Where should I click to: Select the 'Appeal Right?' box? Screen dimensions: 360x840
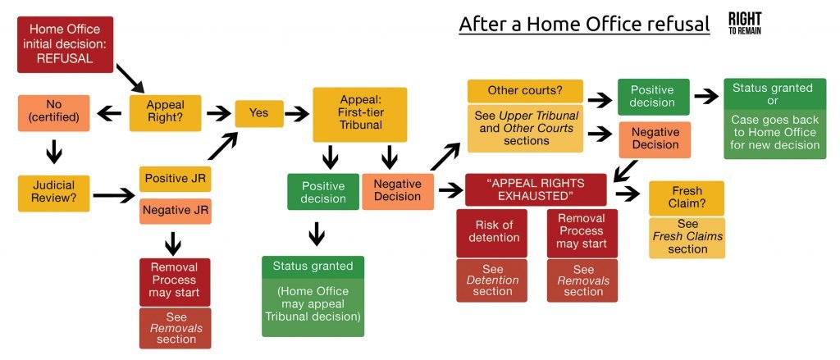(165, 112)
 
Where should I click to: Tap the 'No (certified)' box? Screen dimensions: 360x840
(53, 112)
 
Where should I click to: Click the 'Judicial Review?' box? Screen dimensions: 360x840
(53, 194)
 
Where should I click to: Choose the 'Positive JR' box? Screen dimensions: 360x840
(175, 178)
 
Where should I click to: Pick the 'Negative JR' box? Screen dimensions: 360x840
(175, 211)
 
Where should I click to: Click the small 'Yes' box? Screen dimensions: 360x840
(259, 114)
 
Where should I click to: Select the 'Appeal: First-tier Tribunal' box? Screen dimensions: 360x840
(359, 114)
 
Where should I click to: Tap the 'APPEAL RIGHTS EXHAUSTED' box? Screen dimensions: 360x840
(536, 189)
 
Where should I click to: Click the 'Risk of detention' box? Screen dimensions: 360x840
(491, 232)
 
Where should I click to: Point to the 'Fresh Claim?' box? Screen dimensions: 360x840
(687, 198)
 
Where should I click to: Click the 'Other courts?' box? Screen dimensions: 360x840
(524, 90)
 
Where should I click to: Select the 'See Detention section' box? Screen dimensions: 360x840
(491, 280)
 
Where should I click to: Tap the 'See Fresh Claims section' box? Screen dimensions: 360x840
(687, 238)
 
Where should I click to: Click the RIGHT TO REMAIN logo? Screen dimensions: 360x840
(744, 23)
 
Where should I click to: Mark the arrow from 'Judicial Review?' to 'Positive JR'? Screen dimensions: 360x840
(114, 195)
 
